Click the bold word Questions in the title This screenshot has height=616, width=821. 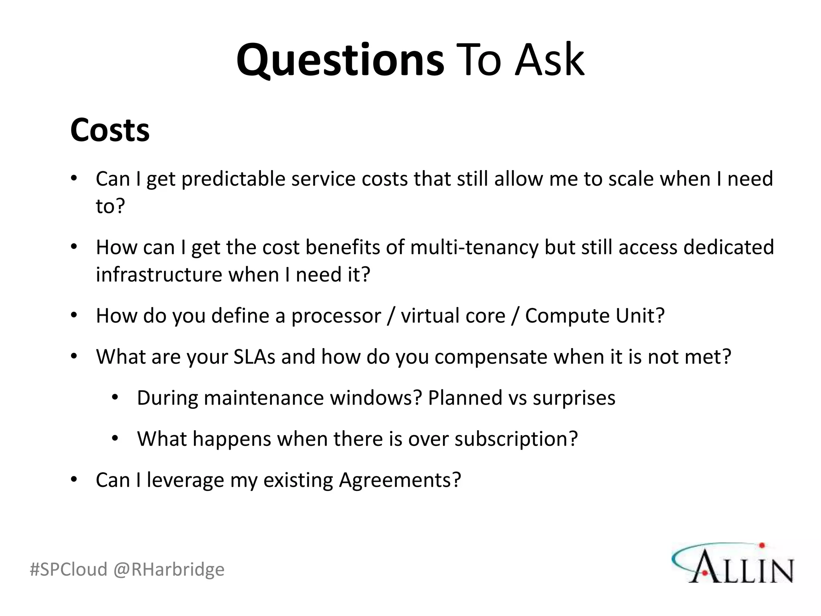coord(340,60)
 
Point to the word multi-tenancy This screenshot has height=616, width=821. coord(474,247)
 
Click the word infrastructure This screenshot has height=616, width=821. coord(159,275)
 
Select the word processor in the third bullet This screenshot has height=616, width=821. coord(336,316)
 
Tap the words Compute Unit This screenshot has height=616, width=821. coord(595,316)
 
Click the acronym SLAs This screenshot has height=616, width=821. coord(254,357)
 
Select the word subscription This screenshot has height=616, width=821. coord(516,439)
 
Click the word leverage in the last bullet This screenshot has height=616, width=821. coord(185,480)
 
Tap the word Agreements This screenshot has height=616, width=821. coord(400,480)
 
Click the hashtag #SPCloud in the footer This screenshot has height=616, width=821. coord(69,569)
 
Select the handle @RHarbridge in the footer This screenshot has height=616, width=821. coord(169,569)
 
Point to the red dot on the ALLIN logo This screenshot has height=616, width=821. coord(762,545)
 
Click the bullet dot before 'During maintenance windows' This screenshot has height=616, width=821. coord(115,398)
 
